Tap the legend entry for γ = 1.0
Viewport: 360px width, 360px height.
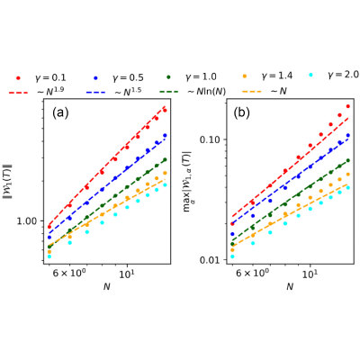click(x=192, y=76)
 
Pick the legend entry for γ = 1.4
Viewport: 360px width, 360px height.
click(x=267, y=76)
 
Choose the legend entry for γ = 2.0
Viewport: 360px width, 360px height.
click(x=334, y=75)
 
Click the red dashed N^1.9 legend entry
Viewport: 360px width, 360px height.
click(x=37, y=91)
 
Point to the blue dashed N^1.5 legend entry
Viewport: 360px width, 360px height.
click(x=114, y=91)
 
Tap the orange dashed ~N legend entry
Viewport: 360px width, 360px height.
click(x=265, y=91)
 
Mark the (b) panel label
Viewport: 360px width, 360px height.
click(x=241, y=112)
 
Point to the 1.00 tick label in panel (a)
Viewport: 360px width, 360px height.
click(x=26, y=221)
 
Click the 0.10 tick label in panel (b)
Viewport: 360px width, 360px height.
click(x=210, y=139)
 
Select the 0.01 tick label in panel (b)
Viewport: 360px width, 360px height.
click(x=210, y=260)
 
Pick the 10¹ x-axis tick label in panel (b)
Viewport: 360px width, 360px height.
click(x=310, y=274)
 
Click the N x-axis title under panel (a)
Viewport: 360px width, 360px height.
click(x=107, y=287)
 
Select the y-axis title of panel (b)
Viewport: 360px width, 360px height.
click(x=187, y=181)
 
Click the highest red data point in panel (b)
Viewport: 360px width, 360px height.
click(x=348, y=106)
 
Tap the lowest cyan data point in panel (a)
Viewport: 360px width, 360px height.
click(x=49, y=256)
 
